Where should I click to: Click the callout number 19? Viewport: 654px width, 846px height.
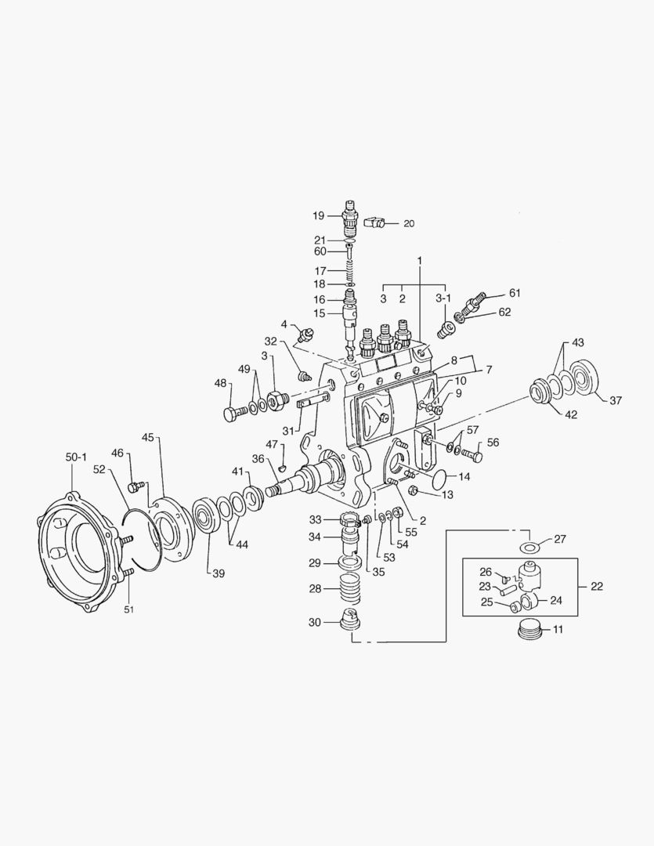pos(318,215)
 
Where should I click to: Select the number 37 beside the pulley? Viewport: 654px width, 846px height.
pos(615,400)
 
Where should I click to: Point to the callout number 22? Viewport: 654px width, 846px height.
pos(597,586)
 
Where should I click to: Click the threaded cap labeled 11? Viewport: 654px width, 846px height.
pos(531,629)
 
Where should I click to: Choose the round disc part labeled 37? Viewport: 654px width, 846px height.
pos(584,378)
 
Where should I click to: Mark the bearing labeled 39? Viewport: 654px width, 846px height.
pos(208,517)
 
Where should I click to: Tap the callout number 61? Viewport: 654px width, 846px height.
pos(514,293)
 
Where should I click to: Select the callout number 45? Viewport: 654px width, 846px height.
pos(146,436)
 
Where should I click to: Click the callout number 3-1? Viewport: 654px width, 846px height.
pos(443,298)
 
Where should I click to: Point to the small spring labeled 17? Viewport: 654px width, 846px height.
pos(350,270)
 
